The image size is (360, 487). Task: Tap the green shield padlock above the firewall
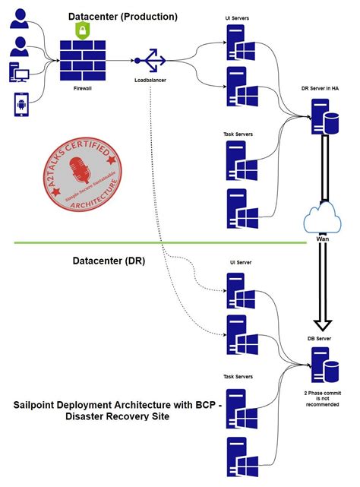[82, 31]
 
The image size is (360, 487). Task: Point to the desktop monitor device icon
[21, 74]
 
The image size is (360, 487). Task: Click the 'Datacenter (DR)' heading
[109, 261]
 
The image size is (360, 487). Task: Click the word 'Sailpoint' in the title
[39, 404]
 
